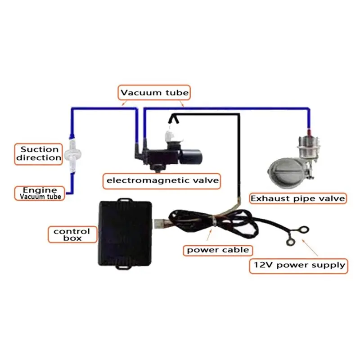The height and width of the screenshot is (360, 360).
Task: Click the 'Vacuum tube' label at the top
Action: click(154, 93)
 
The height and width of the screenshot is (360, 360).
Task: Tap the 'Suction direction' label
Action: click(39, 154)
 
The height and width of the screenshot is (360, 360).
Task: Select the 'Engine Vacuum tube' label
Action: click(40, 193)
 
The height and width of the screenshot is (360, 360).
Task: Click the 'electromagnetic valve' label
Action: click(162, 181)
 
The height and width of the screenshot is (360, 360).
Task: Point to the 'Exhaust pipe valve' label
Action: click(298, 198)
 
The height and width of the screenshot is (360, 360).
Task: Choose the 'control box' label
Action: click(72, 234)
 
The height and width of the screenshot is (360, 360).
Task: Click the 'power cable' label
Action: click(218, 250)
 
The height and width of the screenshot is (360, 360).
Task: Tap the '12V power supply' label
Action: click(298, 265)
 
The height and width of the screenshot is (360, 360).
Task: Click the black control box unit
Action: click(125, 234)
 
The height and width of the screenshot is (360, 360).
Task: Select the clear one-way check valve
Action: click(72, 153)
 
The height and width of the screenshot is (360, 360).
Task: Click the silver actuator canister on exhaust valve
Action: click(309, 147)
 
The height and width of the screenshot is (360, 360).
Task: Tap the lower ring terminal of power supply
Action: click(291, 242)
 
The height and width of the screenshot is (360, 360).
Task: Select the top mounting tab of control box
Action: click(125, 200)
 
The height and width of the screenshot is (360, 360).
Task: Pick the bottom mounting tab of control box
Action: click(124, 267)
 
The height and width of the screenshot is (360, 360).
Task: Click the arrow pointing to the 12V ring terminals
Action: click(310, 247)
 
